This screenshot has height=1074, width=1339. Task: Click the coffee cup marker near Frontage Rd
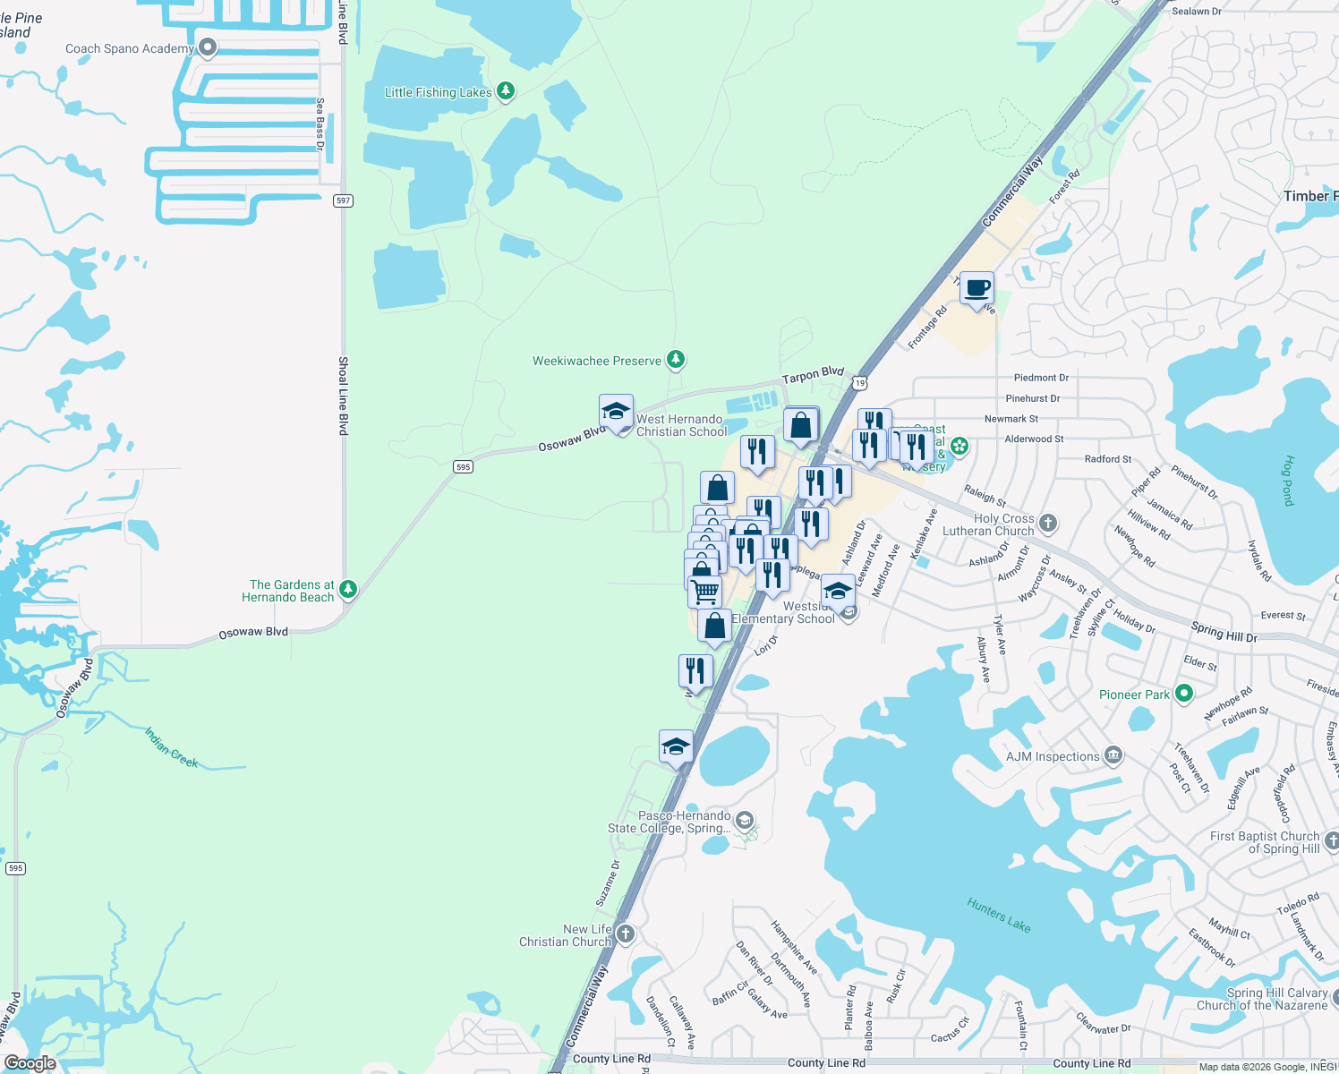(977, 289)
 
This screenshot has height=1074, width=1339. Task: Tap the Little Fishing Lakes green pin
(506, 91)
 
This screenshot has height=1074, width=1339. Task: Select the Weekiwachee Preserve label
(597, 361)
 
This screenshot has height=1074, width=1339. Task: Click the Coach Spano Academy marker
(208, 47)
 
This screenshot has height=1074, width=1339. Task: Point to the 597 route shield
(343, 200)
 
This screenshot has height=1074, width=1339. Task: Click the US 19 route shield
(859, 383)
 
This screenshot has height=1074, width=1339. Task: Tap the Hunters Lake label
(999, 915)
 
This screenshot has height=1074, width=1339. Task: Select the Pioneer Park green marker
(1184, 694)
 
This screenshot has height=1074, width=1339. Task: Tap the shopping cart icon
(705, 592)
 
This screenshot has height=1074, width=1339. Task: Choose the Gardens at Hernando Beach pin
(348, 589)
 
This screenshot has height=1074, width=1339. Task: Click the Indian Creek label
(172, 747)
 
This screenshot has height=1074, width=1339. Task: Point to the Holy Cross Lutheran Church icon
(1048, 523)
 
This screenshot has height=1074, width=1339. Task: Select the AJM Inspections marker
(1113, 756)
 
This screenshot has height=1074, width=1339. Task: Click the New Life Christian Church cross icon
(625, 934)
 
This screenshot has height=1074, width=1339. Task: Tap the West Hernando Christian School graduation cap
(616, 412)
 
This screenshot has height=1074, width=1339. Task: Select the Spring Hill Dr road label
(1224, 632)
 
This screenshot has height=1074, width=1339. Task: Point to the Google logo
(30, 1062)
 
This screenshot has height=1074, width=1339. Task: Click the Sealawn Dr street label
(1196, 12)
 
